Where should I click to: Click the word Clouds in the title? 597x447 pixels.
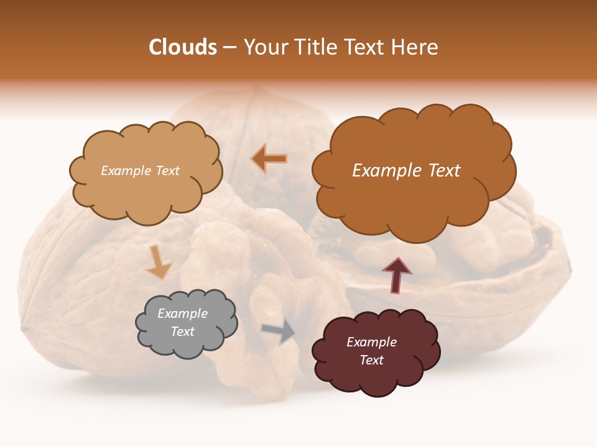pos(183,47)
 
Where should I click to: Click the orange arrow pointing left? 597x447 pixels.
pos(269,159)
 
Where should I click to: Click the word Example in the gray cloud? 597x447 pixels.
pos(182,314)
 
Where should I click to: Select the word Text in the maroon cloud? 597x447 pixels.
pos(371,360)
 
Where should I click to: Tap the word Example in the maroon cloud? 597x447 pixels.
pos(371,342)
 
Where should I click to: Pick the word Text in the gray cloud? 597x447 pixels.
pos(182,332)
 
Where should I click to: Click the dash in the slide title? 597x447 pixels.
pos(229,48)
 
